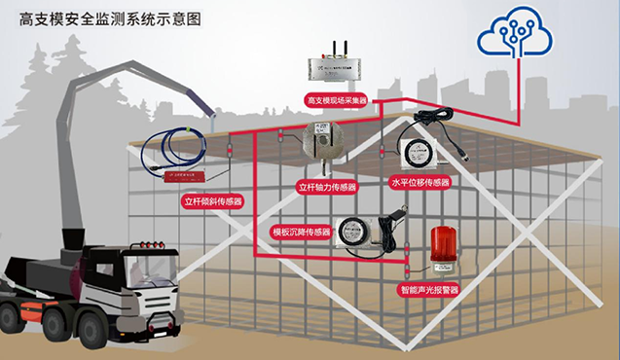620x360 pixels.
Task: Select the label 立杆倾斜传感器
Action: pos(213,202)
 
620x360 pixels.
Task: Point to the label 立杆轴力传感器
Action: pos(326,186)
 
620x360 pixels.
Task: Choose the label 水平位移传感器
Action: pos(419,182)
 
